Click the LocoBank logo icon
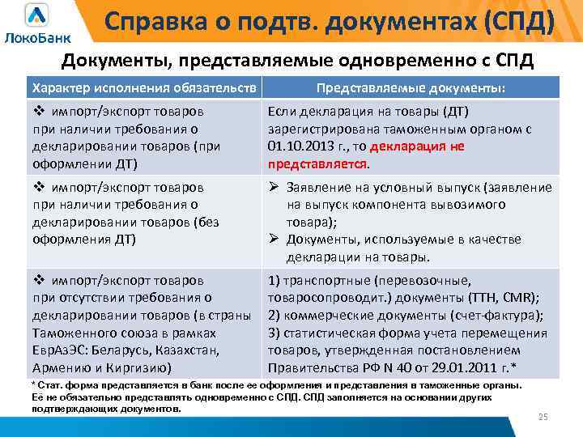[x=36, y=16]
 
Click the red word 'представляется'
[x=317, y=164]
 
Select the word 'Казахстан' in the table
[x=189, y=350]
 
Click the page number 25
[x=543, y=416]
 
